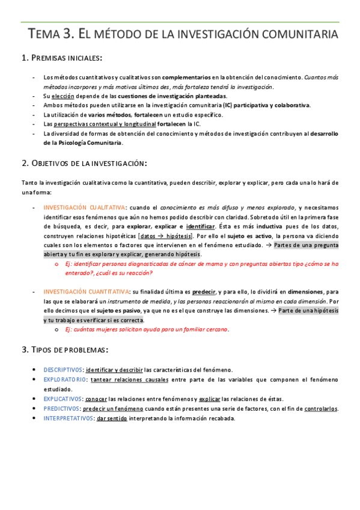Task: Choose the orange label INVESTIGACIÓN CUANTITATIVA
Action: [86, 292]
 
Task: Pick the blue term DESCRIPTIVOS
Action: [63, 370]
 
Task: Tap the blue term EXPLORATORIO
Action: [65, 380]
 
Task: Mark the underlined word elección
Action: [63, 96]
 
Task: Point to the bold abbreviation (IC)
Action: [227, 105]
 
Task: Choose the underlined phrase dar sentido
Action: [111, 419]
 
